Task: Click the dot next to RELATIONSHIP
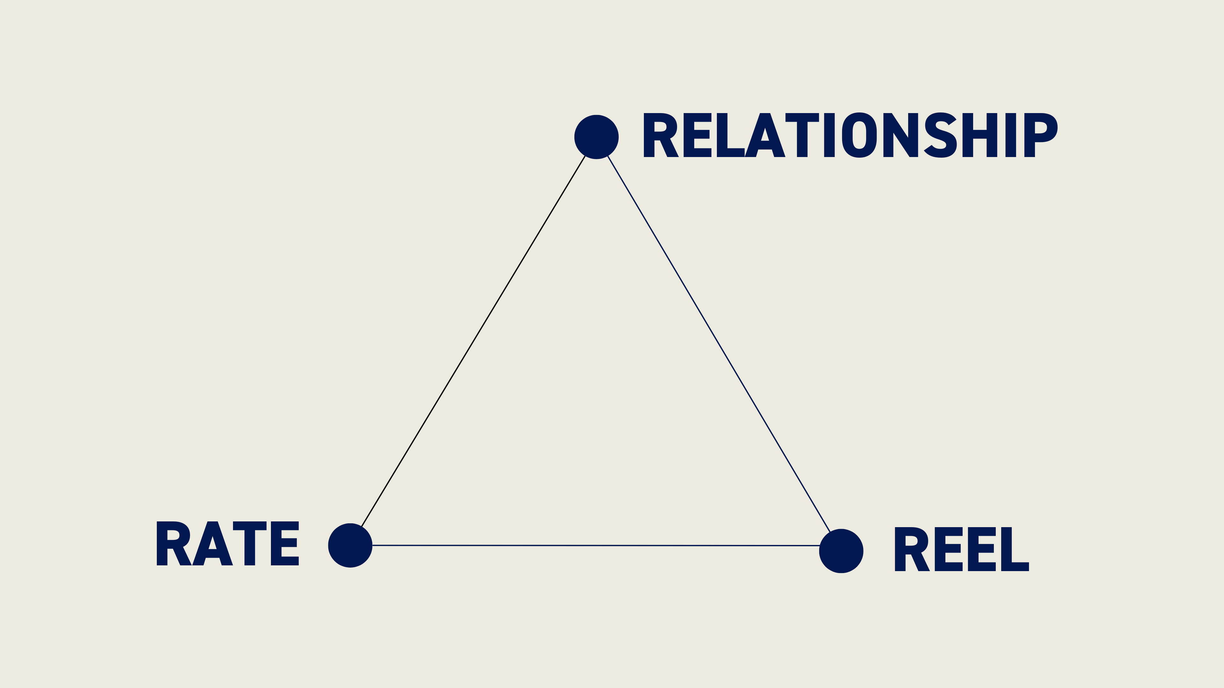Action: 596,137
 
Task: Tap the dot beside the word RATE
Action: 350,545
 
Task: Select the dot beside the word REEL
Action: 841,551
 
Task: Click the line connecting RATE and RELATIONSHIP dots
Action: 473,341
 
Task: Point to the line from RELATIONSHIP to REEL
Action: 719,344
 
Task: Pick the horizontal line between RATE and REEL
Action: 596,546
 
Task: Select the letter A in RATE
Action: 212,544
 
